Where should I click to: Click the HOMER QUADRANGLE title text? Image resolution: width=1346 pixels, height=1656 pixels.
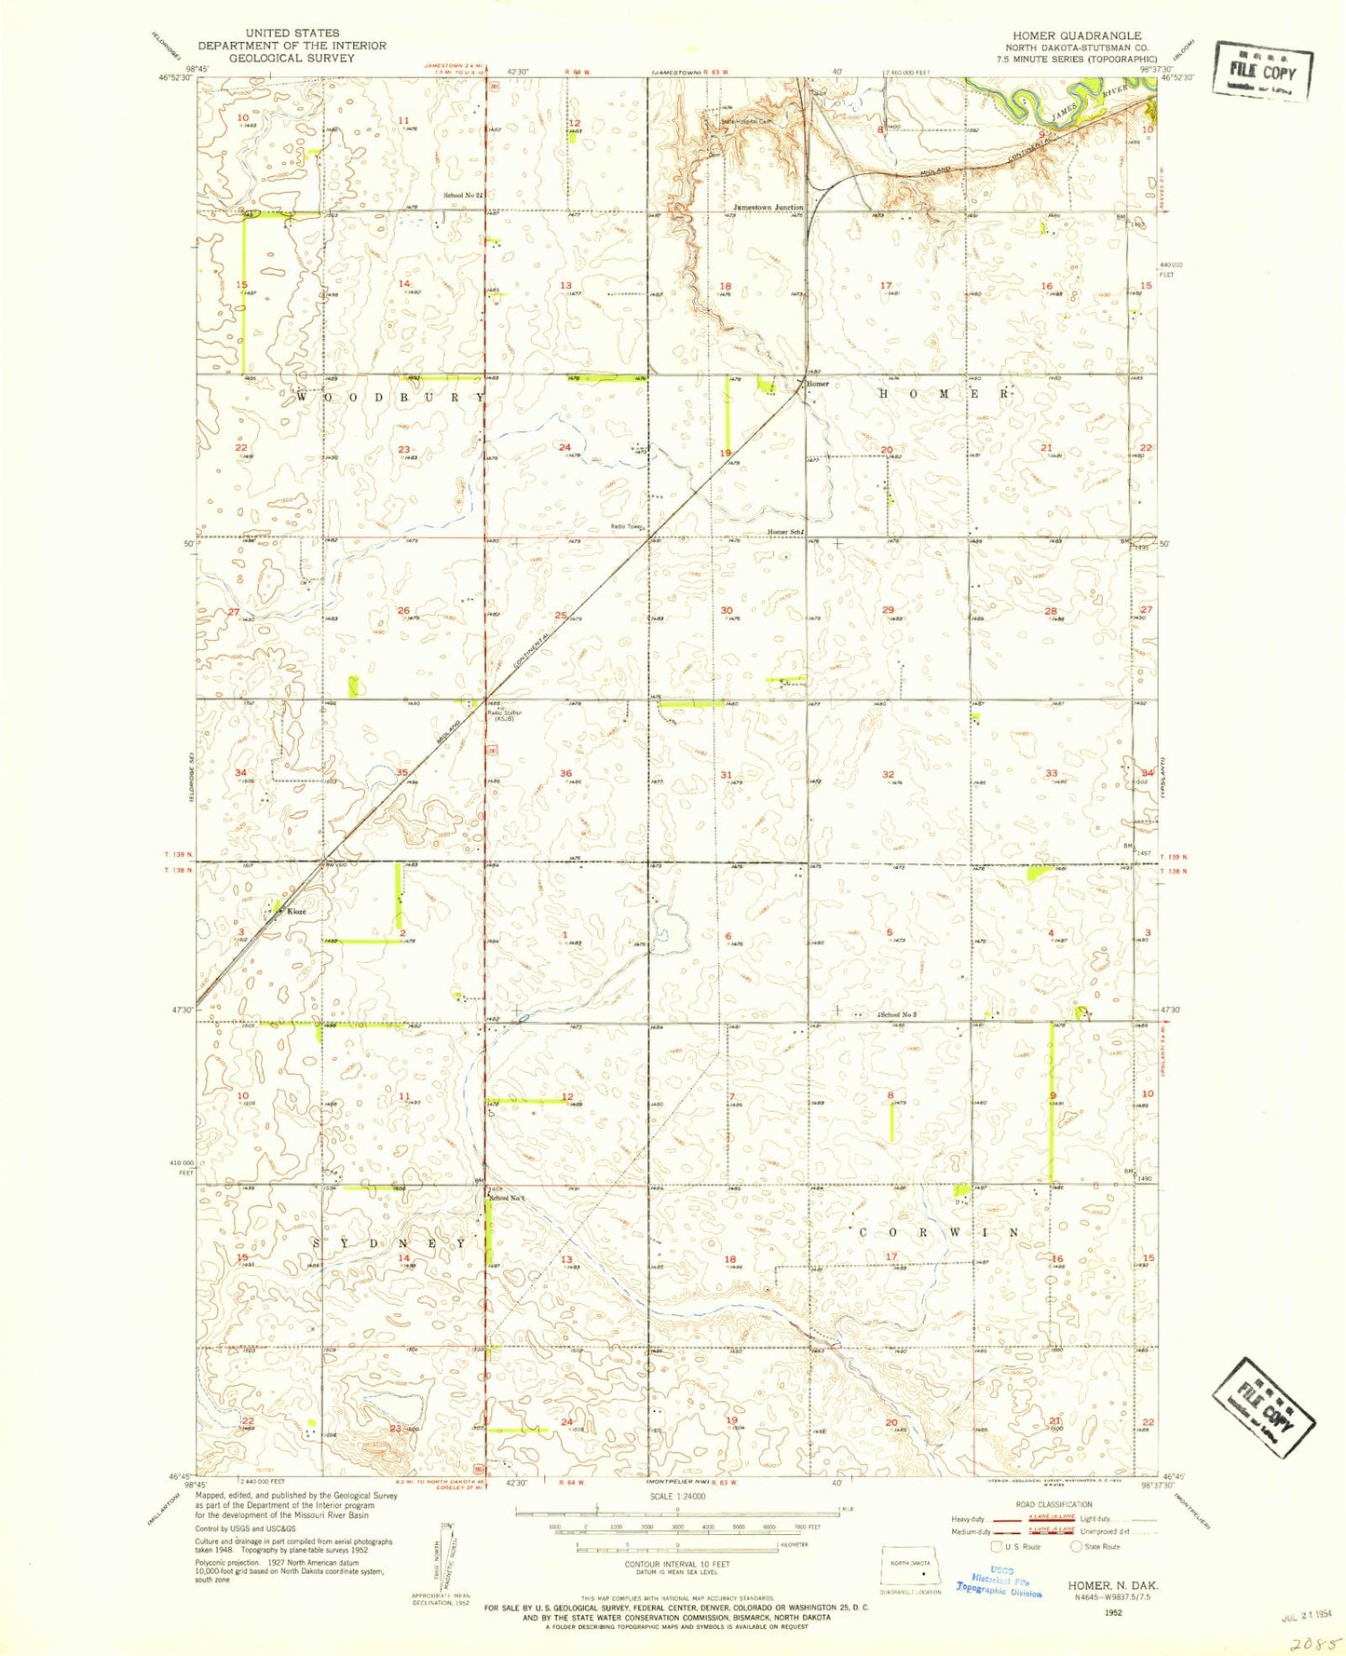(x=1070, y=35)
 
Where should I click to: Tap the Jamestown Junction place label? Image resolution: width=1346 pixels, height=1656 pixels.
(x=768, y=208)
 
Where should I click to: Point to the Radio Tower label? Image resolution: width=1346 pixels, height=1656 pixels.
(x=626, y=527)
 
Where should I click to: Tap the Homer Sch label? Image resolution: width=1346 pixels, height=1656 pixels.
(x=783, y=532)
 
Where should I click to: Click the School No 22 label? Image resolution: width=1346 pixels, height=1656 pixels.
(x=462, y=195)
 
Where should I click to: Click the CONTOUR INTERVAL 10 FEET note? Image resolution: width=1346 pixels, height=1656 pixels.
(x=677, y=1564)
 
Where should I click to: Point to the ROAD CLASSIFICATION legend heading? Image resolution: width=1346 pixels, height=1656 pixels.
(x=1054, y=1504)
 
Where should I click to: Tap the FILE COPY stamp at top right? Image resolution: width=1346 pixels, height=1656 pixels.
(x=1261, y=71)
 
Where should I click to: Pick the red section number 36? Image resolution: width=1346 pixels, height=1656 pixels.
(x=565, y=774)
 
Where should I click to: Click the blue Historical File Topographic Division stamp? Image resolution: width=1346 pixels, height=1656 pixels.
(x=1000, y=1584)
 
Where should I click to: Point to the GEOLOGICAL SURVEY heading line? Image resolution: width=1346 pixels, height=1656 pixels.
(x=293, y=58)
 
